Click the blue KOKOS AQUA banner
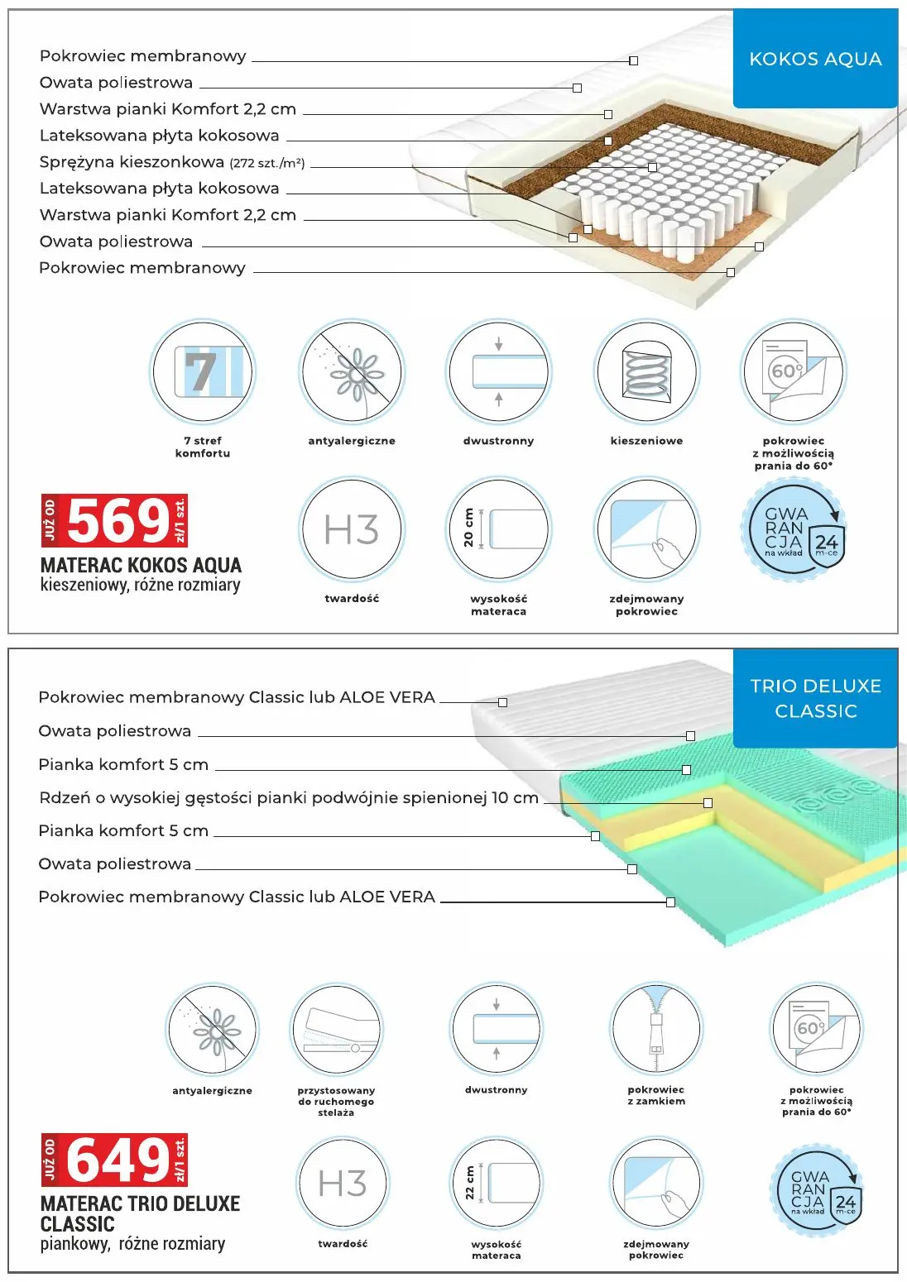[815, 59]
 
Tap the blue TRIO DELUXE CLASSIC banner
[815, 698]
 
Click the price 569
[119, 521]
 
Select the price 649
[119, 1160]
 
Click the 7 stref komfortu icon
[202, 371]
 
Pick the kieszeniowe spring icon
[646, 371]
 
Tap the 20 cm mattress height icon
[498, 529]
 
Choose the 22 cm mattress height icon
[497, 1183]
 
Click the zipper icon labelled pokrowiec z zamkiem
[655, 1031]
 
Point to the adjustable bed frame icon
[336, 1031]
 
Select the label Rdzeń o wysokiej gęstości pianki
[288, 798]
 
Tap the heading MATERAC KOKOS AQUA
[141, 566]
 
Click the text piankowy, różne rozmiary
[132, 1244]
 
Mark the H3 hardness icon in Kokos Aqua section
[352, 529]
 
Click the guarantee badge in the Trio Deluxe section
[816, 1191]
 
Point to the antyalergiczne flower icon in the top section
[352, 371]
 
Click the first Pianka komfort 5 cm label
[123, 765]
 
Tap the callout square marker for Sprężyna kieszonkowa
[652, 167]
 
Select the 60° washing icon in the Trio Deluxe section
[816, 1031]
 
